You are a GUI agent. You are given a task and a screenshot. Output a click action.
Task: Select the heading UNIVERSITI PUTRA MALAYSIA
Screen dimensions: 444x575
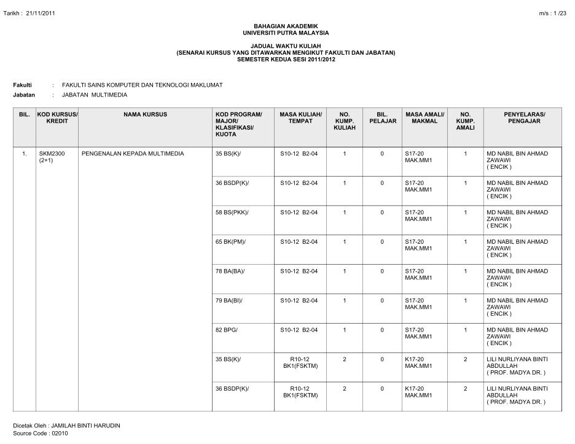(x=287, y=33)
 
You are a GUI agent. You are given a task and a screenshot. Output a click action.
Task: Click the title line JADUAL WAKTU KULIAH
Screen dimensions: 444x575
(x=287, y=47)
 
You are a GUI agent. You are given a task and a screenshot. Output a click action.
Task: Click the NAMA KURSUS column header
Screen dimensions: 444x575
(x=145, y=115)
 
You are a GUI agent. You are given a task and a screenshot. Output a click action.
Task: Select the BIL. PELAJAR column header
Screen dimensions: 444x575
(x=382, y=118)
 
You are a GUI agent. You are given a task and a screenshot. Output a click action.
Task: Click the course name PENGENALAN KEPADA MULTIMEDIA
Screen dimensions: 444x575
(x=133, y=154)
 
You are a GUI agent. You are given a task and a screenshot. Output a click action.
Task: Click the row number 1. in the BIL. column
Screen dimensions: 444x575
(x=24, y=154)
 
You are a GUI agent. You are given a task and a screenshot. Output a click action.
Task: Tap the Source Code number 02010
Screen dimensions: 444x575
(x=59, y=434)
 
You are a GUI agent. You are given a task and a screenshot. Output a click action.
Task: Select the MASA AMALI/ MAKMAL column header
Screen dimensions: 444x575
(x=425, y=118)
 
